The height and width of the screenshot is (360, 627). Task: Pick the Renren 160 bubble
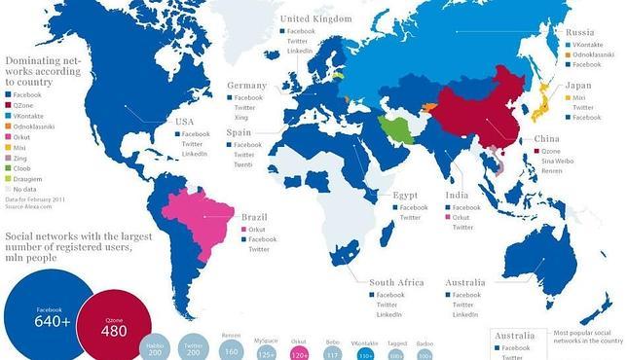pyautogui.click(x=232, y=346)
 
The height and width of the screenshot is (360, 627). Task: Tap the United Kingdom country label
pyautogui.click(x=316, y=18)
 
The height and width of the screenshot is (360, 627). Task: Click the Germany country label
pyautogui.click(x=246, y=86)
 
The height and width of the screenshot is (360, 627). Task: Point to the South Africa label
pyautogui.click(x=396, y=282)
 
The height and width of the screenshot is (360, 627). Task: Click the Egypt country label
pyautogui.click(x=405, y=196)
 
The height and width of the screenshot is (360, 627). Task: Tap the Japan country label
pyautogui.click(x=578, y=86)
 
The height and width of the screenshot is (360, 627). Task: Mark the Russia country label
pyautogui.click(x=581, y=33)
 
